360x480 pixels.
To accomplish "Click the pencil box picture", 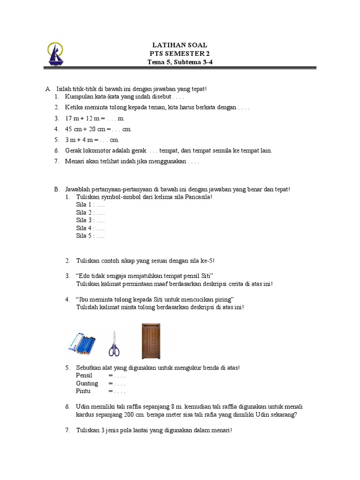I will tap(83, 343).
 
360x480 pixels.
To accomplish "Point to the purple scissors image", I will tap(114, 345).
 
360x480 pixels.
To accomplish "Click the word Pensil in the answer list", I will tap(84, 375).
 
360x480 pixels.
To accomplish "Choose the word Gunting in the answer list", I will tap(87, 383).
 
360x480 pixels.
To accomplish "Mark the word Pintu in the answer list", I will tap(83, 391).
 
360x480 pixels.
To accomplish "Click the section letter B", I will tap(56, 189).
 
